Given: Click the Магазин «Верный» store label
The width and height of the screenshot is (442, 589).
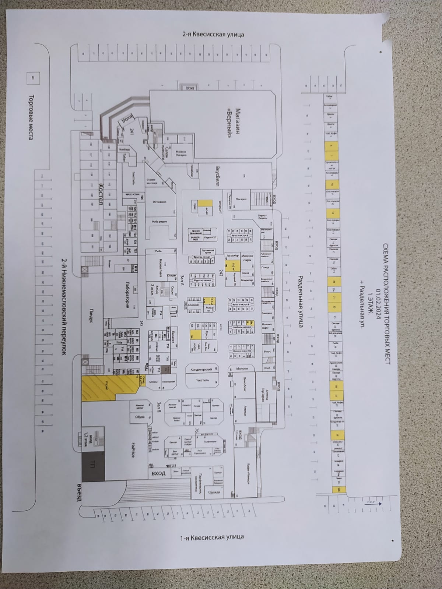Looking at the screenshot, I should click(235, 124).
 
